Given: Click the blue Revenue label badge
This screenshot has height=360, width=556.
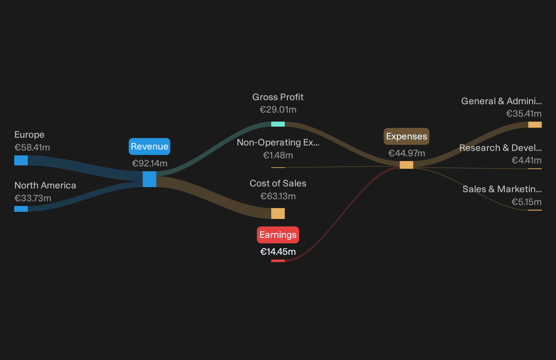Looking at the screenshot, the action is point(149,147).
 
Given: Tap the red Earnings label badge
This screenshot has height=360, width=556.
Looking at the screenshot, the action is point(278,235).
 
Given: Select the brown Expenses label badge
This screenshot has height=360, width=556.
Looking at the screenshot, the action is point(406,136).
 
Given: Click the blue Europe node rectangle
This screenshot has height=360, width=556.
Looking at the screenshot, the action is point(21,160).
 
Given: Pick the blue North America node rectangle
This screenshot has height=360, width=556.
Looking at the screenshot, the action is point(21,209).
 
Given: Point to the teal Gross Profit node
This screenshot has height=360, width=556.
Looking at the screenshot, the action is point(278,124).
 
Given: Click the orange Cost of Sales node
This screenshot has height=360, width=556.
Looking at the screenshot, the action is point(278,213).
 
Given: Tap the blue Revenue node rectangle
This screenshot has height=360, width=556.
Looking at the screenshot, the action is point(149,179).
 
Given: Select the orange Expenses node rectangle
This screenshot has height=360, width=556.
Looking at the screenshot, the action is point(406,165).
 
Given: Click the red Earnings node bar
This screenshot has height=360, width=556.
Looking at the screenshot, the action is point(278,261).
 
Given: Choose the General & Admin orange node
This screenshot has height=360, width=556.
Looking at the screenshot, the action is point(535,125).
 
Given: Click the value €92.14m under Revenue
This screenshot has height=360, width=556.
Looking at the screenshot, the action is point(150,163).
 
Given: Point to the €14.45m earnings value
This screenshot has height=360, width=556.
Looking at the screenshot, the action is point(278,252).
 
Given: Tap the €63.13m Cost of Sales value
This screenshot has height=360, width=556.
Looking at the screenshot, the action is point(278,196).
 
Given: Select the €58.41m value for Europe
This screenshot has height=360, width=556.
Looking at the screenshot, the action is point(32,148).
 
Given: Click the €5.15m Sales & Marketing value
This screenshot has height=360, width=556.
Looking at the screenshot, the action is point(527,202).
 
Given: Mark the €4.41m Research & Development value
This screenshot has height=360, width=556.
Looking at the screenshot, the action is point(527,160).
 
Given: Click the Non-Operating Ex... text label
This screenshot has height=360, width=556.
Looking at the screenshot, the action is point(278,142).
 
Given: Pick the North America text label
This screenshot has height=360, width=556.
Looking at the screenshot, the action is point(45,185).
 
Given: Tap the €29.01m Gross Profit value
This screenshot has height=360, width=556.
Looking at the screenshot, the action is point(278,109).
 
